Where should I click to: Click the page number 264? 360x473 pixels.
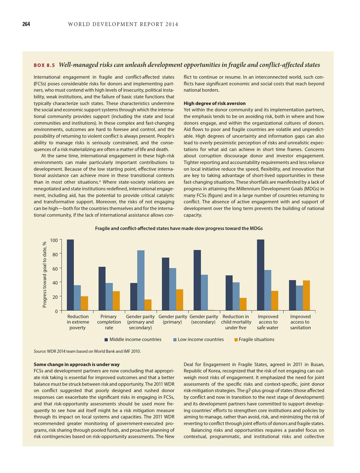click(x=26, y=24)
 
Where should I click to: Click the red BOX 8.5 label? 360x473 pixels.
click(x=44, y=65)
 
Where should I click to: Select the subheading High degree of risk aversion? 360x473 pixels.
click(x=215, y=103)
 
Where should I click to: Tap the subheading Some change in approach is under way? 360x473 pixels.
click(x=76, y=364)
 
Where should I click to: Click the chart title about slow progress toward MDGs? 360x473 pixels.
click(x=179, y=228)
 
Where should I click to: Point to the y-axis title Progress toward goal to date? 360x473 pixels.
click(x=44, y=274)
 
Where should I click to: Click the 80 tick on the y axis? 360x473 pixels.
click(x=54, y=254)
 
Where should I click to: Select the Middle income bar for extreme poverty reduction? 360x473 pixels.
click(x=70, y=275)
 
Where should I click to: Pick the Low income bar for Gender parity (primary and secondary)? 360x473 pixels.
click(x=141, y=280)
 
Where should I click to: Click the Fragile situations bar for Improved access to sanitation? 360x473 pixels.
click(x=306, y=295)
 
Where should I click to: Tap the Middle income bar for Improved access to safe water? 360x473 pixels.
click(x=260, y=275)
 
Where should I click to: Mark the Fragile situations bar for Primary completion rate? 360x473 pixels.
click(x=116, y=300)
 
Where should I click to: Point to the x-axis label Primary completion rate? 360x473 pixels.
click(x=109, y=322)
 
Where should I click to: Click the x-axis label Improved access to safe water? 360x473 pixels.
click(x=268, y=322)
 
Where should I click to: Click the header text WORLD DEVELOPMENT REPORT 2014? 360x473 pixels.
click(x=123, y=24)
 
